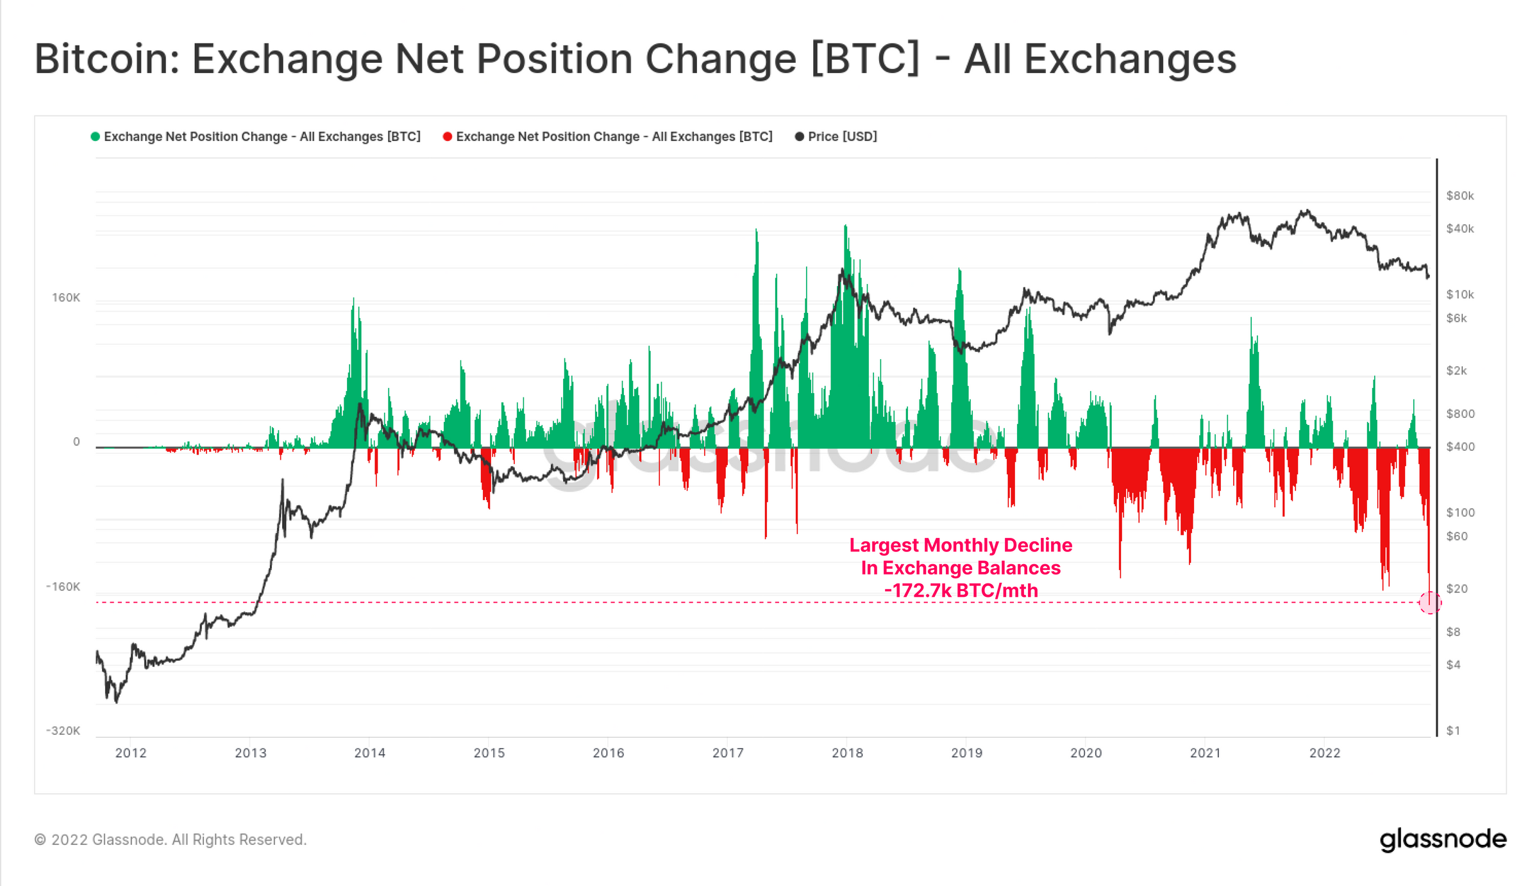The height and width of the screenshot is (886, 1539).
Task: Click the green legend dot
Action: pyautogui.click(x=96, y=137)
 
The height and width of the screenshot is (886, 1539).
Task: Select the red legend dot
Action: pyautogui.click(x=448, y=137)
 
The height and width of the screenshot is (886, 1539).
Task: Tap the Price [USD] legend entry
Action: pyautogui.click(x=841, y=137)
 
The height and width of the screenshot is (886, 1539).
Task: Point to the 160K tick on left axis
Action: pyautogui.click(x=66, y=297)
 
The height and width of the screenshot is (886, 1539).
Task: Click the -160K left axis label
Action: pyautogui.click(x=63, y=587)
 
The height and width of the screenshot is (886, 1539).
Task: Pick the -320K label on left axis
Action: pyautogui.click(x=63, y=731)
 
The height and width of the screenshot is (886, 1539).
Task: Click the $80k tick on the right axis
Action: pyautogui.click(x=1460, y=196)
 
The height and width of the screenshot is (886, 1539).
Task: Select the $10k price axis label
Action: pyautogui.click(x=1460, y=294)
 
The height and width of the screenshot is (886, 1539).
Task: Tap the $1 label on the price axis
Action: pyautogui.click(x=1453, y=731)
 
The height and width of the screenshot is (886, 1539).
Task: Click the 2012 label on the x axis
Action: pyautogui.click(x=131, y=753)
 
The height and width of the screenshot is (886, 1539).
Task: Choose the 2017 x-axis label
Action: pyautogui.click(x=728, y=753)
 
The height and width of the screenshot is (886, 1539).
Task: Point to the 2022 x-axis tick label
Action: pyautogui.click(x=1325, y=753)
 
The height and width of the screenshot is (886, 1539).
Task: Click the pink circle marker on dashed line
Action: pyautogui.click(x=1430, y=603)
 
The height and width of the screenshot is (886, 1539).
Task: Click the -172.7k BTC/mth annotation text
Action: pyautogui.click(x=961, y=590)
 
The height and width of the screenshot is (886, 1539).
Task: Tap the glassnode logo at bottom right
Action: pyautogui.click(x=1443, y=839)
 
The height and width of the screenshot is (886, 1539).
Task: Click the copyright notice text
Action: pyautogui.click(x=171, y=840)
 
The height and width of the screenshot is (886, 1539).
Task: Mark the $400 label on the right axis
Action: pyautogui.click(x=1460, y=446)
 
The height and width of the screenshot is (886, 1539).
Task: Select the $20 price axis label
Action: pyautogui.click(x=1457, y=589)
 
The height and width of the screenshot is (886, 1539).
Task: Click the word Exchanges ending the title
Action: pyautogui.click(x=1130, y=59)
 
